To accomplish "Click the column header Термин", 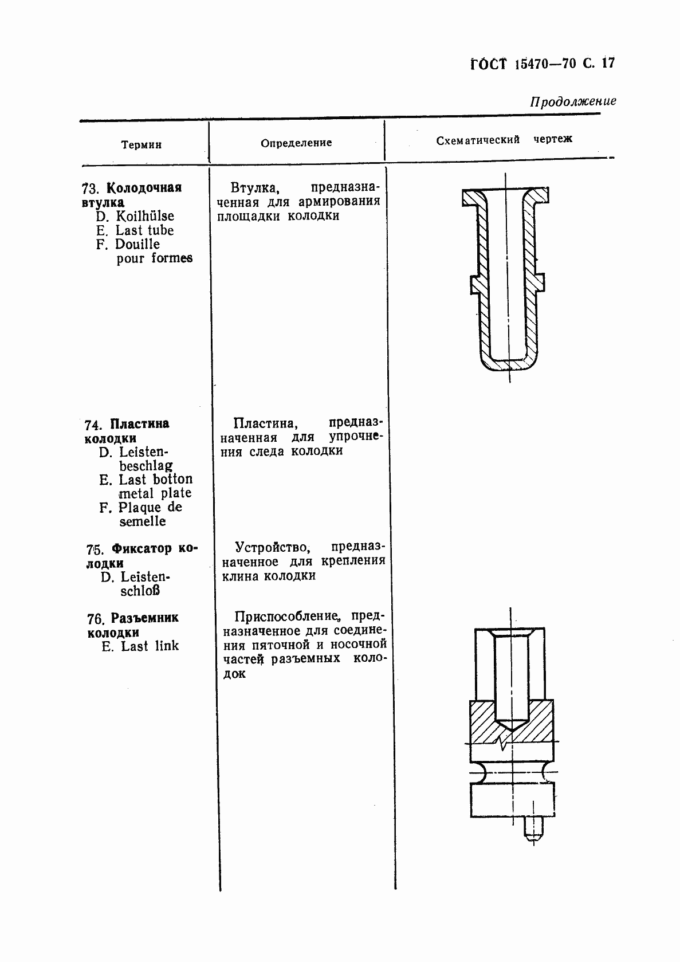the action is click(141, 145).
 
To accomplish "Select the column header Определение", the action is click(296, 143).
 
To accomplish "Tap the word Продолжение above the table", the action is click(573, 101).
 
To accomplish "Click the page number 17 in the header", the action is click(608, 62).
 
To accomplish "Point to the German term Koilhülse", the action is click(145, 216).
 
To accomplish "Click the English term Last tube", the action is click(144, 230).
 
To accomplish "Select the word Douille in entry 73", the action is click(137, 244).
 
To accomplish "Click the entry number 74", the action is click(92, 425).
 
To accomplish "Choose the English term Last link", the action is click(150, 646).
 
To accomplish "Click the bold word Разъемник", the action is click(144, 618).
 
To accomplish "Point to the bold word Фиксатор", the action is click(141, 548).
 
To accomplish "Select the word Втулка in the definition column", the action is click(250, 188).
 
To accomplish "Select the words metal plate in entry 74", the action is click(155, 493).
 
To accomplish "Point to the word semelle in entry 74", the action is click(143, 521).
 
